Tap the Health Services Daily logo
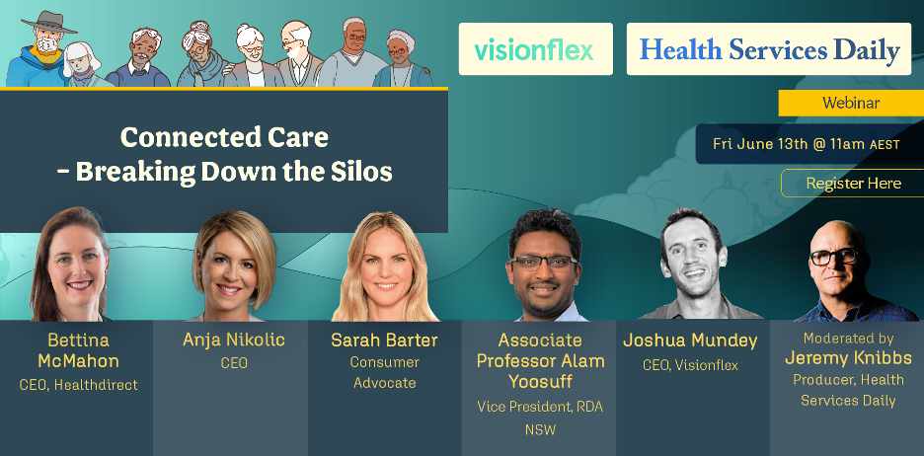[x=769, y=49]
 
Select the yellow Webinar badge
[x=851, y=103]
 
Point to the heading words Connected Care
[x=224, y=138]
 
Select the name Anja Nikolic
[x=234, y=340]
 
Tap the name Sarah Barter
[x=384, y=340]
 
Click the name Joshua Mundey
[x=690, y=341]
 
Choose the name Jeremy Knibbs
[x=849, y=358]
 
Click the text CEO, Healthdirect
[x=78, y=385]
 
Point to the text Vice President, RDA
[x=540, y=407]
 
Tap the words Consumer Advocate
[x=384, y=372]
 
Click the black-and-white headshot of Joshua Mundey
[x=693, y=264]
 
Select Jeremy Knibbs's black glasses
[x=833, y=257]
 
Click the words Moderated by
[x=848, y=339]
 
